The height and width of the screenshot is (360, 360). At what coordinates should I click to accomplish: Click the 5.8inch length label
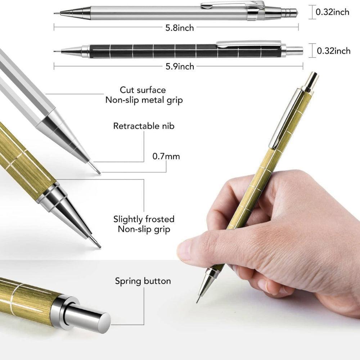tap(179, 28)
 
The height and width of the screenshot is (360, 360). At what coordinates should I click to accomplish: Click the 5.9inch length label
tap(179, 66)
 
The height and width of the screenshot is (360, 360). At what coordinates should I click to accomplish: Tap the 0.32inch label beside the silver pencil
tap(332, 12)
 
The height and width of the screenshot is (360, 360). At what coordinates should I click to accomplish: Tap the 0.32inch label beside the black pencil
tap(333, 51)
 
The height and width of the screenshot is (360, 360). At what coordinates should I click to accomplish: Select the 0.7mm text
tap(166, 157)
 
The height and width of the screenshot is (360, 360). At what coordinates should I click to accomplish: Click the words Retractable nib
tap(144, 126)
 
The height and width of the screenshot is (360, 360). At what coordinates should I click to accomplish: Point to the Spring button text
tap(143, 281)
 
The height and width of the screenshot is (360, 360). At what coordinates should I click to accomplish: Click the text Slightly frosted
tap(144, 219)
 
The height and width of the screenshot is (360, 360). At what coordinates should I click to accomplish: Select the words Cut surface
tap(143, 90)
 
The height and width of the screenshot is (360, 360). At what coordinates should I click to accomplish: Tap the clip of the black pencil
tap(248, 44)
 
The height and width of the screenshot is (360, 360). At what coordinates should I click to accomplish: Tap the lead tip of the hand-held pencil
tap(197, 301)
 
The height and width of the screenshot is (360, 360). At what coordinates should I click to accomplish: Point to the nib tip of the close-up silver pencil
tap(98, 171)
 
